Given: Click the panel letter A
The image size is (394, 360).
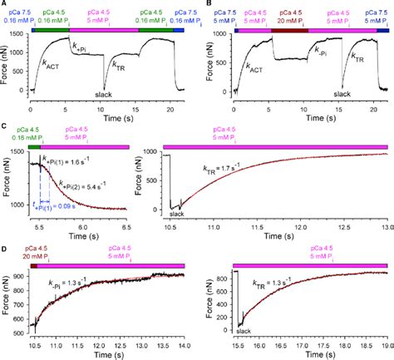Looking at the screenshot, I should [x=5, y=5].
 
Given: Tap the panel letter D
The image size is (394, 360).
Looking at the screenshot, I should [x=5, y=247].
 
